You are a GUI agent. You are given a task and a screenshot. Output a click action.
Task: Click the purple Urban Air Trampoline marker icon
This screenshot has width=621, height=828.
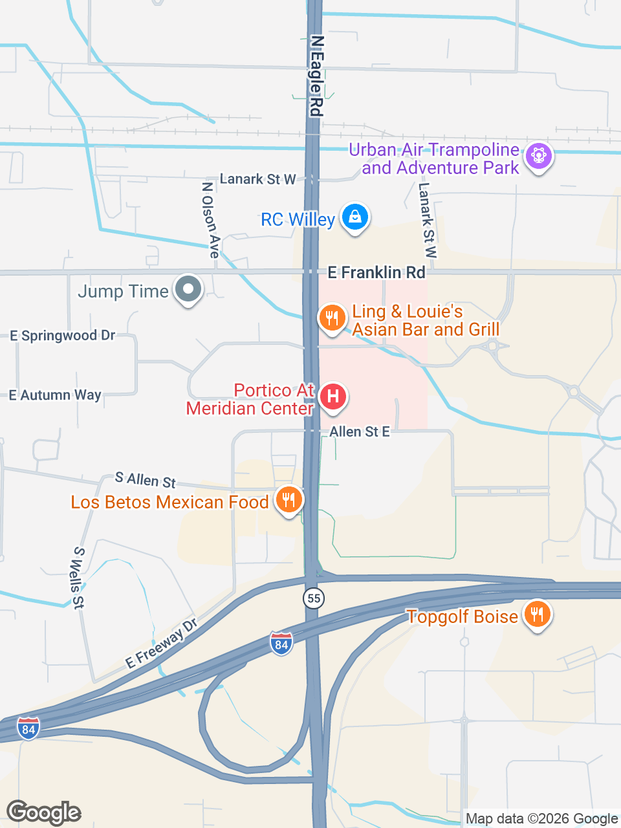[538, 156]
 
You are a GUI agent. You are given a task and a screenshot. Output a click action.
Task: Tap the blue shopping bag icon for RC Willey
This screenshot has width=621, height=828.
[354, 217]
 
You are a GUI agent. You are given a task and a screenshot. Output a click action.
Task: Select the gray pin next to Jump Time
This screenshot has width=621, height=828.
[188, 289]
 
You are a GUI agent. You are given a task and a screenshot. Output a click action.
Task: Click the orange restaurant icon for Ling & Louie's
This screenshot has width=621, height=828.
[332, 318]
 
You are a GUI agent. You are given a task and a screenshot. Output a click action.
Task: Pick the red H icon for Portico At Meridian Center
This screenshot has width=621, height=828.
[333, 396]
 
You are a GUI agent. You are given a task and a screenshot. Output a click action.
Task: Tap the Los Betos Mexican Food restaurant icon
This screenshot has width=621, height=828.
[289, 499]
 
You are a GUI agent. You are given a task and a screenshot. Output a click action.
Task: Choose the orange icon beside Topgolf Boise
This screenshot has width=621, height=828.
[537, 614]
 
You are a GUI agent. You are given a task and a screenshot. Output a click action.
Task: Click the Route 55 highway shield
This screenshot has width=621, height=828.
[314, 598]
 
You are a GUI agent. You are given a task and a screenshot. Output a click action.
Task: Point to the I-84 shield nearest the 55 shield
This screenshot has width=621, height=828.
[281, 644]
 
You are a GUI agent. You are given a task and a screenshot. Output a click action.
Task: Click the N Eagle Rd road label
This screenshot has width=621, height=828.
[316, 76]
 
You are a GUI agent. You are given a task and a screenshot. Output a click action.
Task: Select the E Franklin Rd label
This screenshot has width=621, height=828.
[376, 272]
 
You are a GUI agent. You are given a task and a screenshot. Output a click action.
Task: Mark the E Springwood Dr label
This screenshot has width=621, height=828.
[63, 336]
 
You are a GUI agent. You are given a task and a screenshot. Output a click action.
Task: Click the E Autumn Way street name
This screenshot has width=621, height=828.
[55, 395]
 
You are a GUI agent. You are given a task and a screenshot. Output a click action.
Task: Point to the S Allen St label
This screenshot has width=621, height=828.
[146, 480]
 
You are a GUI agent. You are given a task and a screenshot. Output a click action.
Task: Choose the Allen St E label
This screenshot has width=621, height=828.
[360, 431]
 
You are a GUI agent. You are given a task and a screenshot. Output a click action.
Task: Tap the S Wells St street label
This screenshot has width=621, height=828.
[78, 578]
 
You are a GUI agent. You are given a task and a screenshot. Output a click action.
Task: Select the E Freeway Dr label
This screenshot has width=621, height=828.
[161, 644]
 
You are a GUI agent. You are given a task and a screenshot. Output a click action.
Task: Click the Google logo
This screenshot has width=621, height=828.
[44, 812]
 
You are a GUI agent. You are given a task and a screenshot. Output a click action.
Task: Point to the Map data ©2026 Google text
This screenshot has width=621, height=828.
[541, 819]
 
